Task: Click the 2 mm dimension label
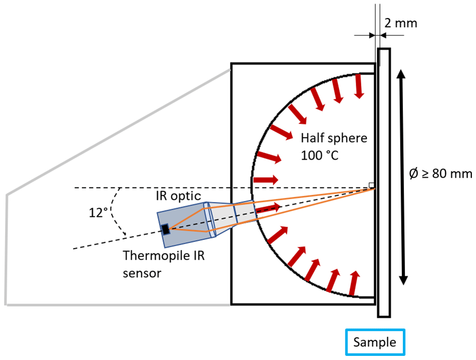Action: click(x=400, y=23)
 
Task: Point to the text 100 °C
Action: click(x=320, y=154)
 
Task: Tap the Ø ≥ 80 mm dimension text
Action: click(x=440, y=174)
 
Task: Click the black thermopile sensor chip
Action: click(x=165, y=229)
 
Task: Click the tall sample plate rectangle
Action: click(x=384, y=182)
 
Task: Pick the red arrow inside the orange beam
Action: click(x=269, y=208)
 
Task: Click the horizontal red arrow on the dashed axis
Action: click(x=266, y=180)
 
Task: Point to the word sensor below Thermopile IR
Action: click(x=141, y=273)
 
